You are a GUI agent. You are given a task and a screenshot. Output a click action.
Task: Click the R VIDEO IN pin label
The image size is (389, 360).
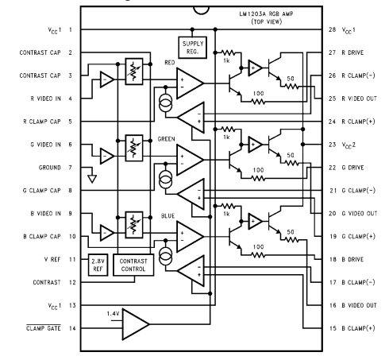[33, 99]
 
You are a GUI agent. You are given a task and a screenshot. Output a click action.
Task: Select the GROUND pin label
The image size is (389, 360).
[41, 168]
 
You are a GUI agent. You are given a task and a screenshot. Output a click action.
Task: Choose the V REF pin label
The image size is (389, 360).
[44, 259]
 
